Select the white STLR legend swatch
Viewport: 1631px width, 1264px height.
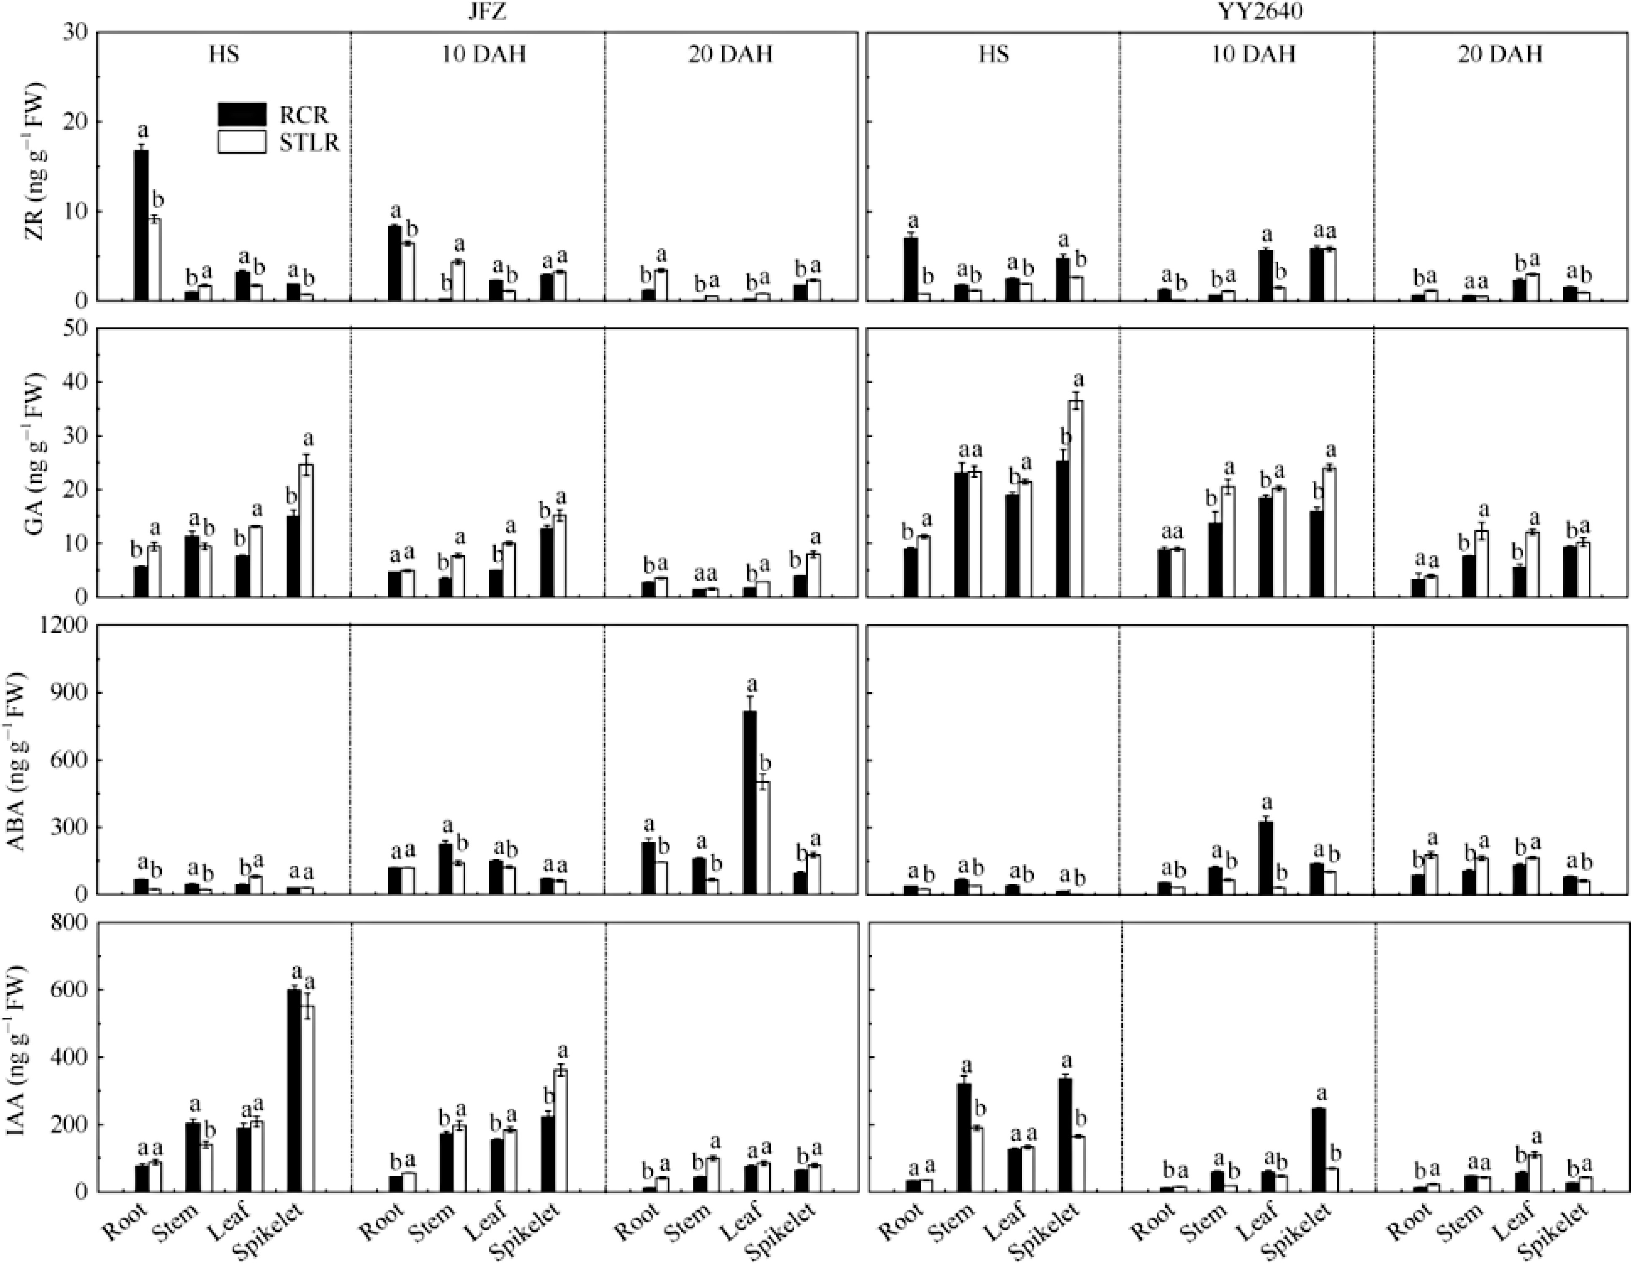coord(241,142)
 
